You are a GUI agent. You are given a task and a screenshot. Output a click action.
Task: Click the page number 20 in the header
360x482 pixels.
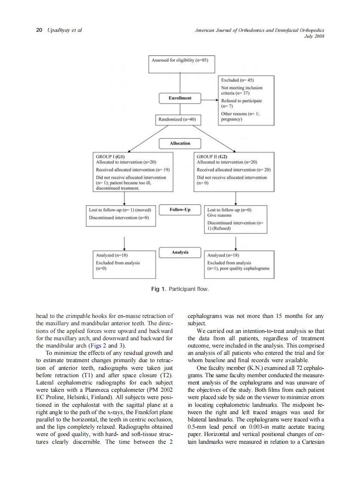(x=39, y=30)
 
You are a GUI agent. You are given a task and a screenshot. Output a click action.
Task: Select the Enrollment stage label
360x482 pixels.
(x=180, y=98)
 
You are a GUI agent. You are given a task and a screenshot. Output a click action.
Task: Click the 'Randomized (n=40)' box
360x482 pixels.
(x=177, y=119)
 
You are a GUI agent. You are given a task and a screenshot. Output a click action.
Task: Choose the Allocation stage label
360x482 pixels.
(x=180, y=143)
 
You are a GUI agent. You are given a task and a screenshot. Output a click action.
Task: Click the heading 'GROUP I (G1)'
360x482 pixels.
(x=110, y=157)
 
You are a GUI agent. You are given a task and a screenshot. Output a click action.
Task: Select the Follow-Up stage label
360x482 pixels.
(x=180, y=210)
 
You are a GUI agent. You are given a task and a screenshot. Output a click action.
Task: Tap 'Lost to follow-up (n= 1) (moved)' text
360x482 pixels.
(x=120, y=210)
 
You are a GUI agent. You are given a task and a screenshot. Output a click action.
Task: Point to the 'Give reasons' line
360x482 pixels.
(x=219, y=215)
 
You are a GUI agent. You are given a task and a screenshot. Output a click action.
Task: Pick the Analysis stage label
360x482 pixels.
(x=180, y=252)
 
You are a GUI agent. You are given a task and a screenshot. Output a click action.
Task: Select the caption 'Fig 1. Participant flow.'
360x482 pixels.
(x=180, y=289)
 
